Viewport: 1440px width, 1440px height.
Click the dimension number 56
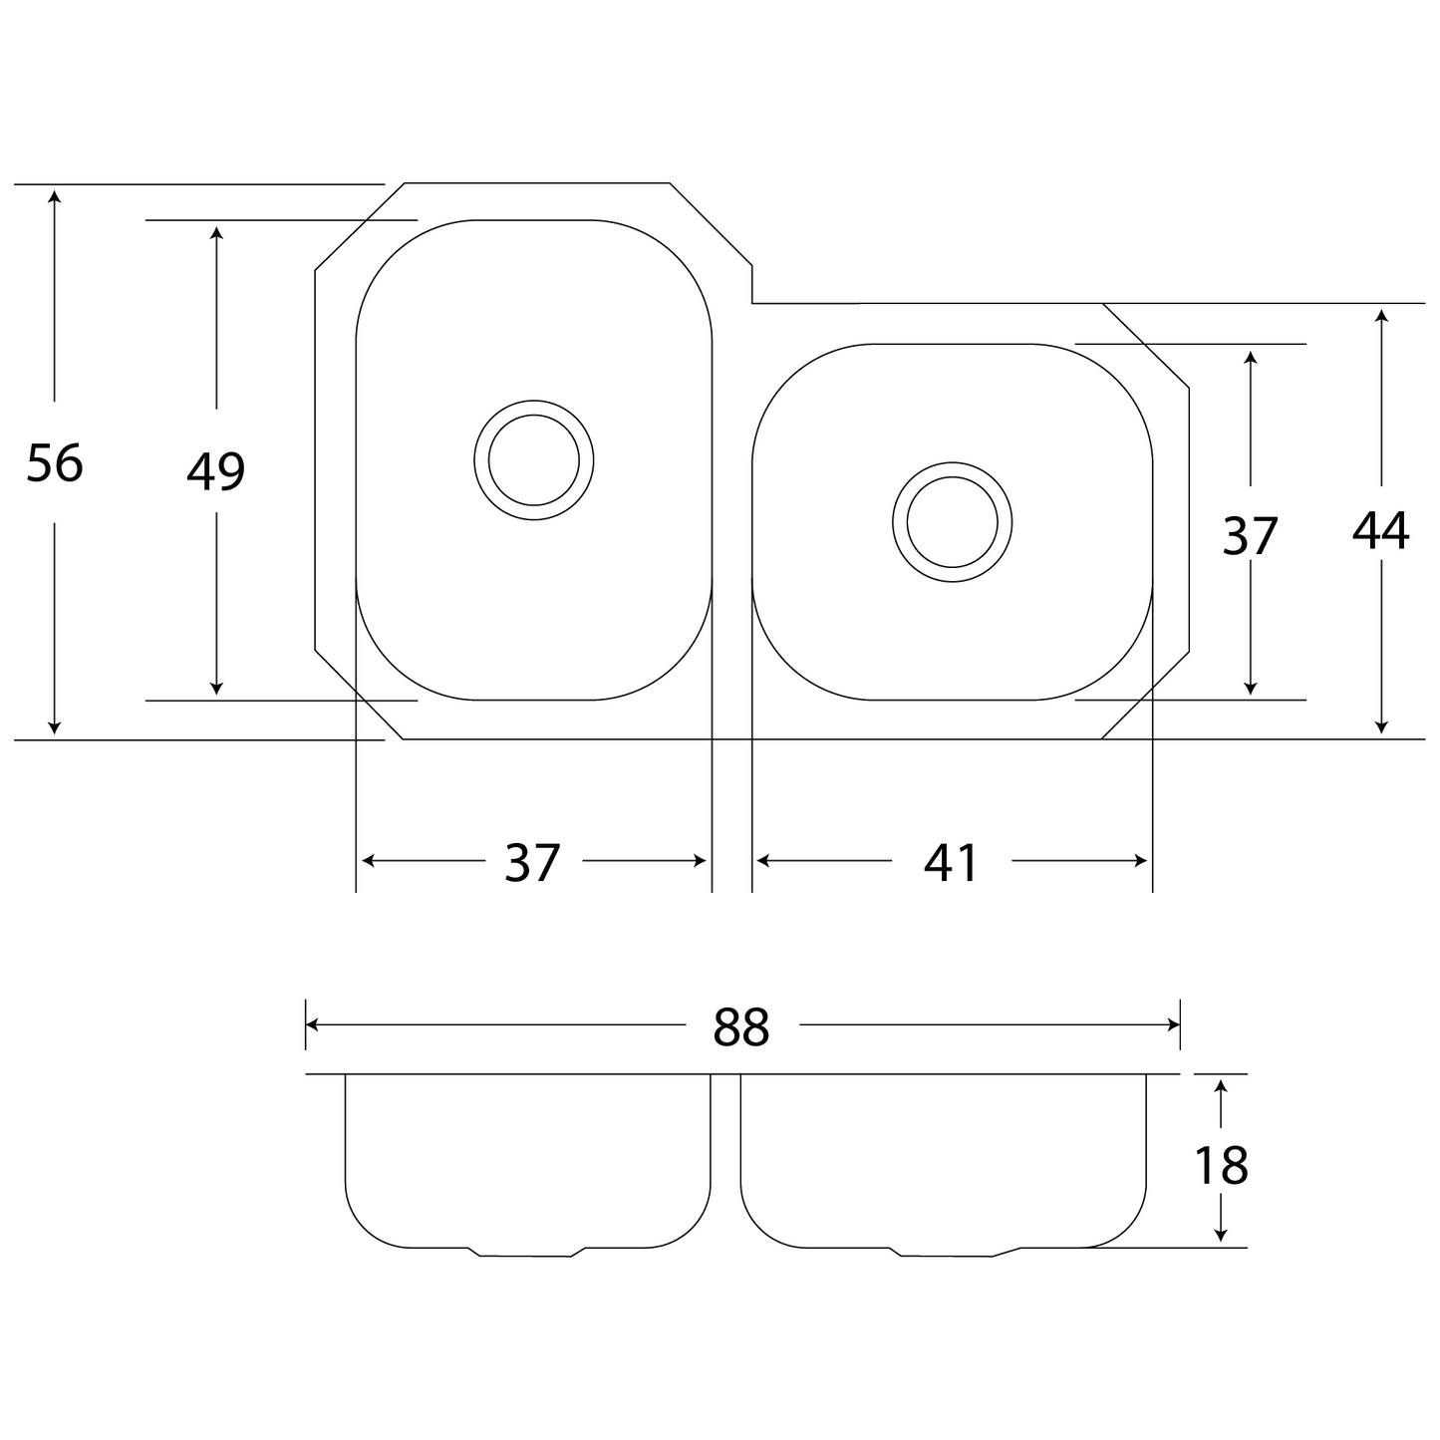pos(55,462)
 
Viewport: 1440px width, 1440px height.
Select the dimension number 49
pos(216,471)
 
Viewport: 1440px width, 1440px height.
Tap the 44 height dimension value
pos(1381,530)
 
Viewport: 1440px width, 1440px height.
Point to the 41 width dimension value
pos(951,862)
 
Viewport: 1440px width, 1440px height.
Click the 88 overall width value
pos(740,1027)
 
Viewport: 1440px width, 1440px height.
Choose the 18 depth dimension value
pos(1222,1166)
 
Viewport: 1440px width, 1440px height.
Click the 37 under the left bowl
pos(532,862)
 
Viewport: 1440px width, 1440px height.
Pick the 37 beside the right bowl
pos(1251,536)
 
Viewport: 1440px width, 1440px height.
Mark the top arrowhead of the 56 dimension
pos(54,196)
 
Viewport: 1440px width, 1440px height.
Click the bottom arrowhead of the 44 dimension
pos(1381,727)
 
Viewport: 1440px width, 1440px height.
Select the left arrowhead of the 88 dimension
pos(313,1025)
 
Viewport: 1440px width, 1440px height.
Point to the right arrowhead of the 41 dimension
pos(1140,861)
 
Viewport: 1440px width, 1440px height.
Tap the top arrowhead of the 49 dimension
pos(216,233)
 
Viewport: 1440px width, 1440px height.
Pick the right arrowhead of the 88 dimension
pos(1173,1025)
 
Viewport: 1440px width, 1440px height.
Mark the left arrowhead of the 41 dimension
pos(763,861)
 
